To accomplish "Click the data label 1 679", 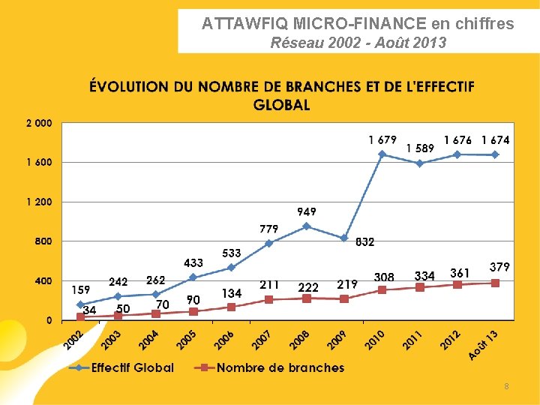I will pyautogui.click(x=382, y=139).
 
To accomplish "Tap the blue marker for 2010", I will pyautogui.click(x=382, y=154).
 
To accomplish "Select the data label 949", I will pyautogui.click(x=306, y=212).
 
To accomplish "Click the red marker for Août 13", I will pyautogui.click(x=495, y=283).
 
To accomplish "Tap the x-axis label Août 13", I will pyautogui.click(x=484, y=343).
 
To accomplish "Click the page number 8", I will pyautogui.click(x=506, y=386).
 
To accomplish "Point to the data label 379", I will pyautogui.click(x=499, y=267).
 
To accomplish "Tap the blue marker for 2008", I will pyautogui.click(x=306, y=226).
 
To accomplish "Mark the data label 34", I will pyautogui.click(x=89, y=309).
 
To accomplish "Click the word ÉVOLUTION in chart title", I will pyautogui.click(x=129, y=86).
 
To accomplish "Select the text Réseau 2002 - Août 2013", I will pyautogui.click(x=358, y=43).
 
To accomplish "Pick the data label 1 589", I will pyautogui.click(x=420, y=148).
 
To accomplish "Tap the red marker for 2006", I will pyautogui.click(x=231, y=307).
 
